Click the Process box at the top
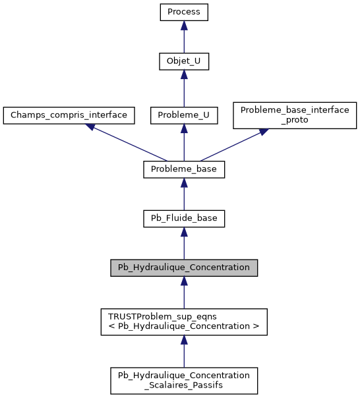[184, 12]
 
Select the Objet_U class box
[184, 62]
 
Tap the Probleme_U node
[184, 115]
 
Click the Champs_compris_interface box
[69, 115]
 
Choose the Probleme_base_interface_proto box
[295, 115]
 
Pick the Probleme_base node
[184, 169]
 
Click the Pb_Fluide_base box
[184, 218]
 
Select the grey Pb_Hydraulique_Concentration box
[184, 268]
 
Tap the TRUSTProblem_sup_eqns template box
[184, 322]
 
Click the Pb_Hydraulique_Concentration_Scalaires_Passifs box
[184, 380]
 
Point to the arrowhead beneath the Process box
[184, 26]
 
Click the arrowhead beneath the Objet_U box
[184, 76]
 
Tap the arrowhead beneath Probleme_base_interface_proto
[263, 132]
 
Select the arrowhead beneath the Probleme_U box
[184, 129]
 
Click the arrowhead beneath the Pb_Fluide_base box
[184, 232]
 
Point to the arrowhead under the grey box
[184, 281]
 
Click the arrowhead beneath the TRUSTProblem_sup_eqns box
[184, 340]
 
